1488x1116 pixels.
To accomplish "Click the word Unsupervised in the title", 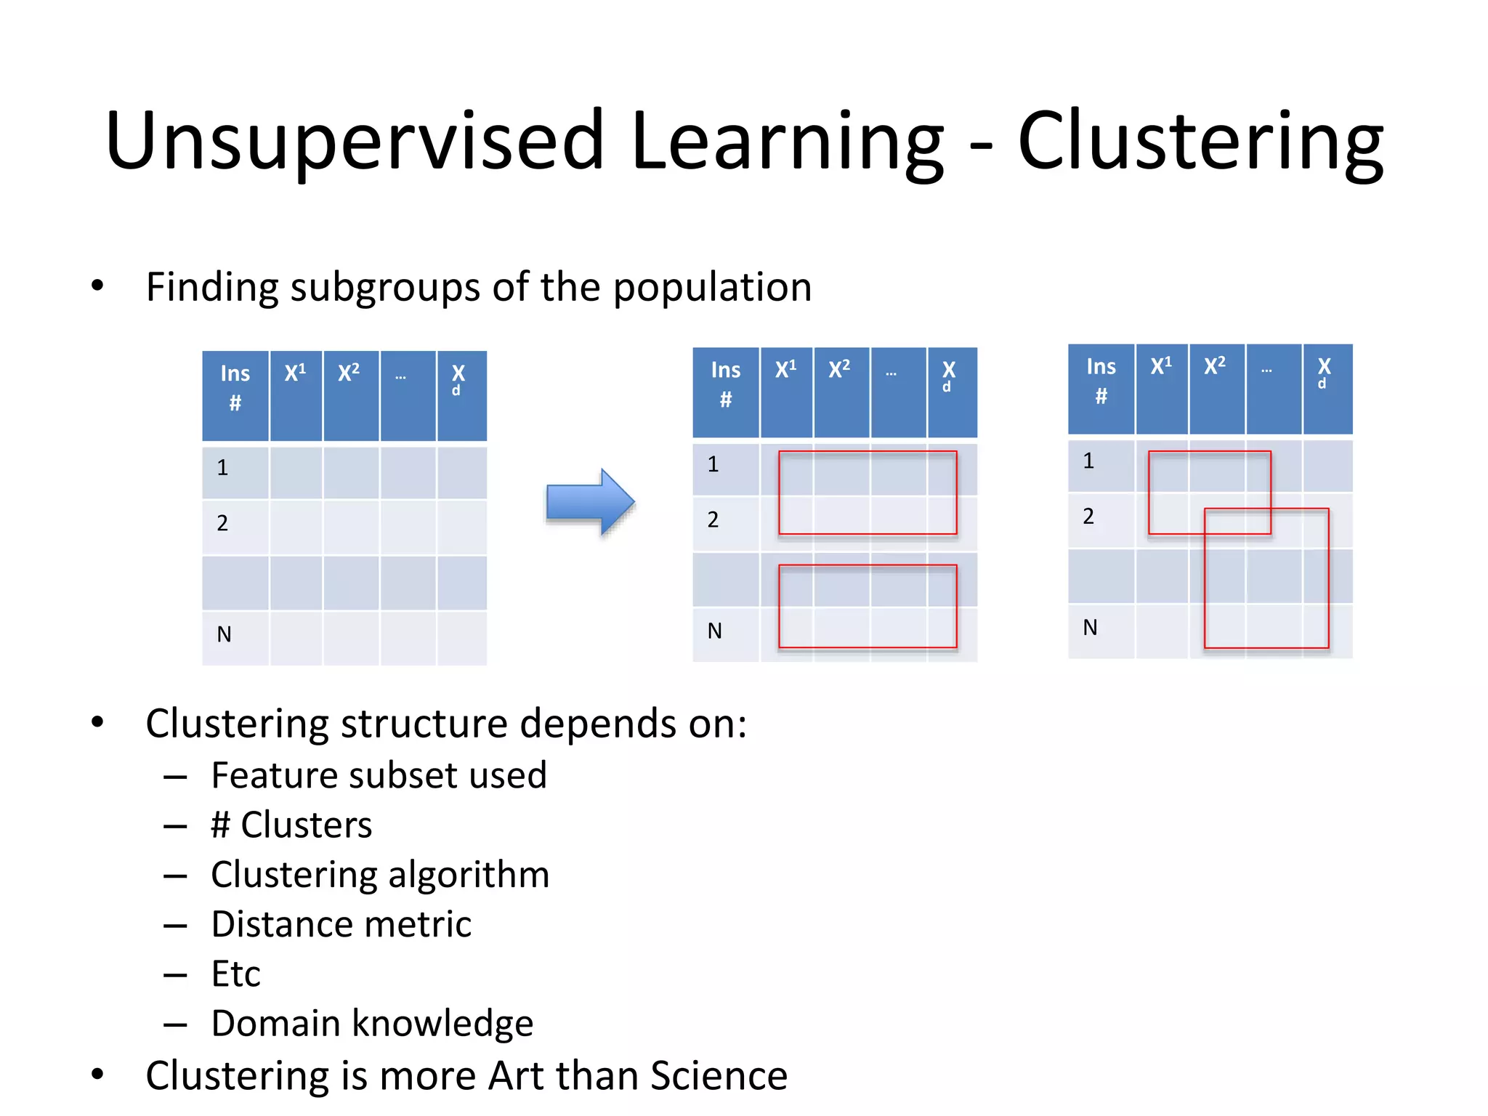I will [x=355, y=142].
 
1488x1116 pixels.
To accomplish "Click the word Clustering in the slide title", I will [x=1200, y=142].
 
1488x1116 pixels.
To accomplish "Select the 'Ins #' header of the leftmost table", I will [x=235, y=388].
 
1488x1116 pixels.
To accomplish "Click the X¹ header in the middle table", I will [x=786, y=370].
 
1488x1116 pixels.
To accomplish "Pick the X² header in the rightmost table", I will [x=1215, y=366].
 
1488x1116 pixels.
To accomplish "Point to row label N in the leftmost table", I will [x=225, y=635].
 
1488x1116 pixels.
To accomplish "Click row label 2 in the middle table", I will [x=713, y=519].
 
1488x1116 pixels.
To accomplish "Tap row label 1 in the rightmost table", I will [x=1088, y=461].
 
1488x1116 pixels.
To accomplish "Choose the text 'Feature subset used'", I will [x=379, y=775].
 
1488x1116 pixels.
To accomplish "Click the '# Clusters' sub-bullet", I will [x=291, y=825].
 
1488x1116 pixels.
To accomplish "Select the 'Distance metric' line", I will [x=341, y=924].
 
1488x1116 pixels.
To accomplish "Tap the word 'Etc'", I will [x=235, y=974].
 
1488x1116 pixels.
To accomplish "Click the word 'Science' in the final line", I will [x=719, y=1076].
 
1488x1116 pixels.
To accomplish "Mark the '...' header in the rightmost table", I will [x=1266, y=371].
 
